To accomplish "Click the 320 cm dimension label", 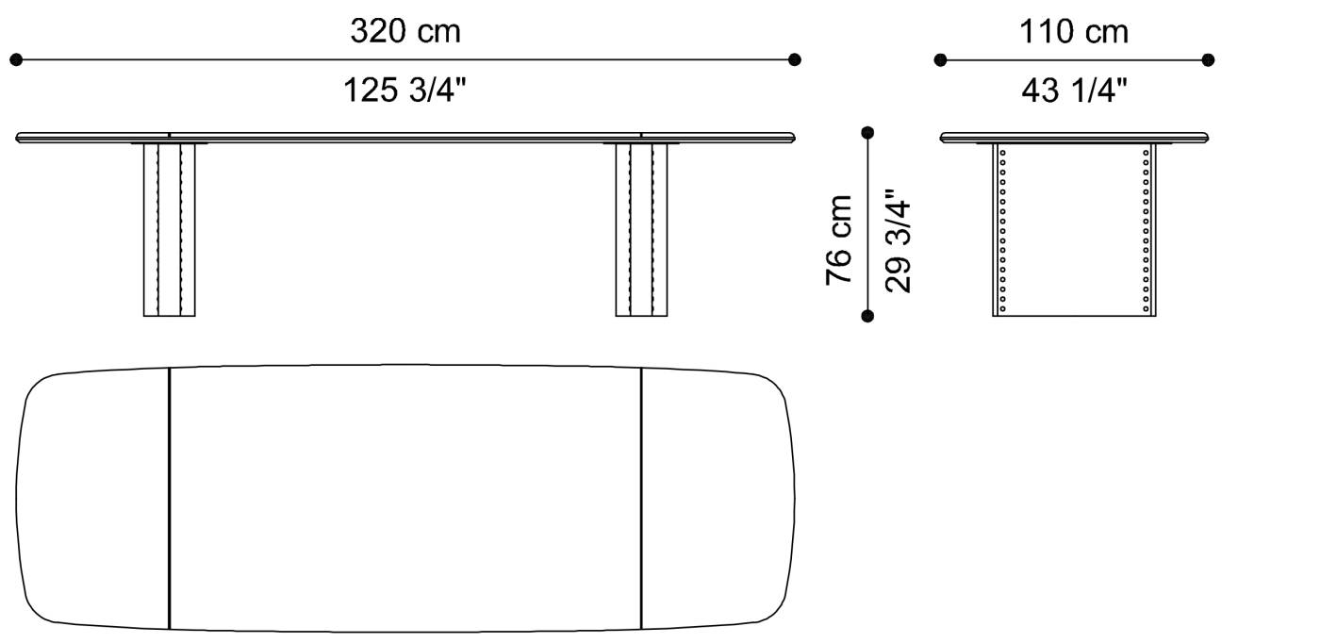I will click(405, 31).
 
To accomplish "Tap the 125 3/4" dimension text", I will click(405, 91).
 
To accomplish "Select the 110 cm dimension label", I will click(1073, 31).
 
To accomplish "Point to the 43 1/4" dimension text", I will click(1075, 91).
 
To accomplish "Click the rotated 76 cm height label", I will click(839, 239).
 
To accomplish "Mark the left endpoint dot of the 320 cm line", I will click(16, 60).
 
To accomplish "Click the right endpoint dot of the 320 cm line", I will click(795, 60).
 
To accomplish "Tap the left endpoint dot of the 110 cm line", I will click(940, 60).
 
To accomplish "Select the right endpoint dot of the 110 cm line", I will click(1208, 60).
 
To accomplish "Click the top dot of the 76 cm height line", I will click(867, 133).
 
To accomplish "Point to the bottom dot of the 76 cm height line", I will click(867, 316).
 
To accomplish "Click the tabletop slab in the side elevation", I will click(1074, 138).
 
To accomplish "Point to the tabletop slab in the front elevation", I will click(405, 138).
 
